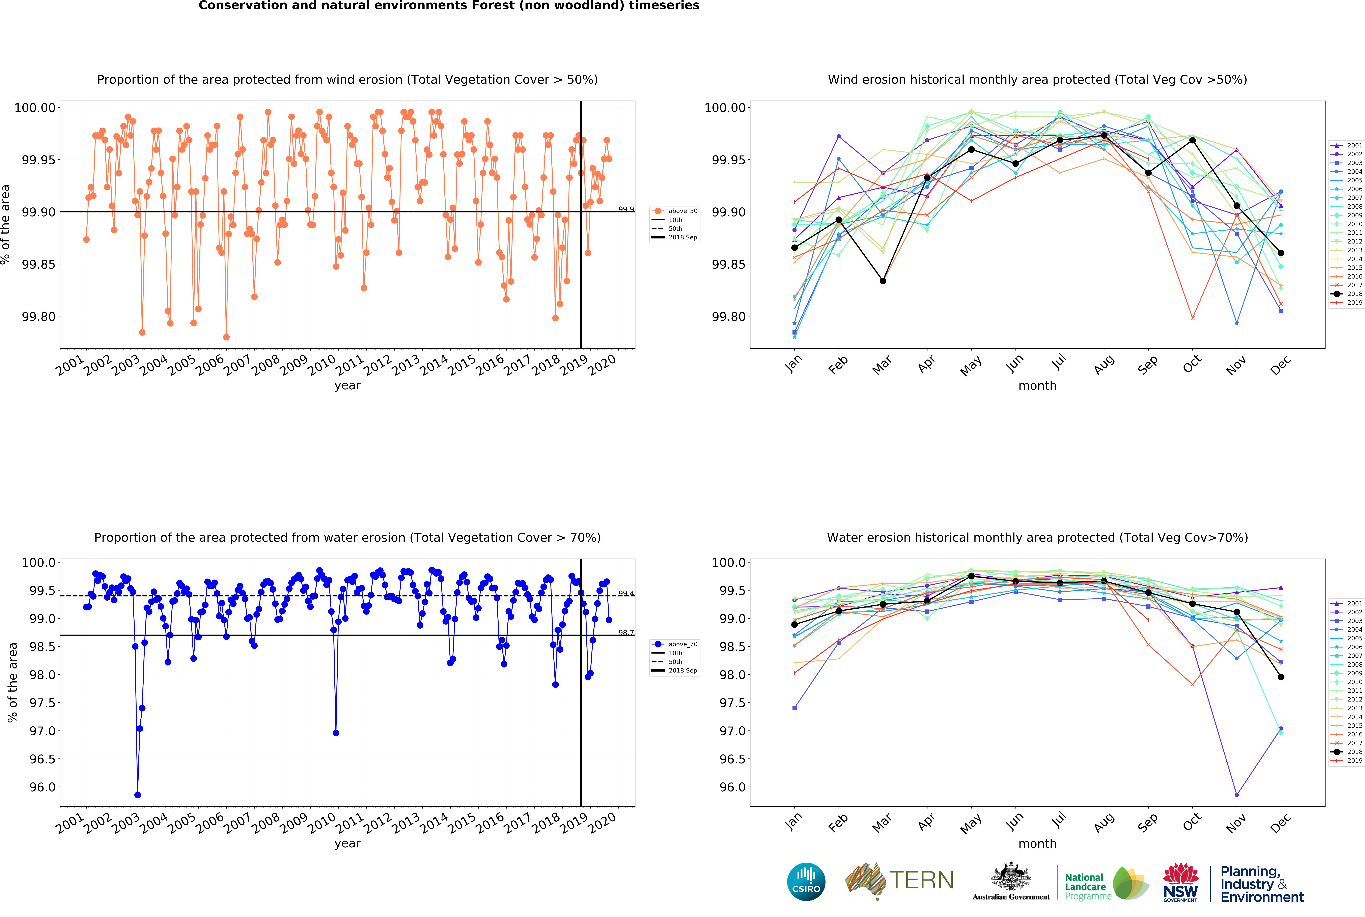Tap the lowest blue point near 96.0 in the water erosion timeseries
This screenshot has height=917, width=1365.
(x=137, y=795)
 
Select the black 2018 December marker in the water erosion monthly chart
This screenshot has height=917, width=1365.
(x=1281, y=677)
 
